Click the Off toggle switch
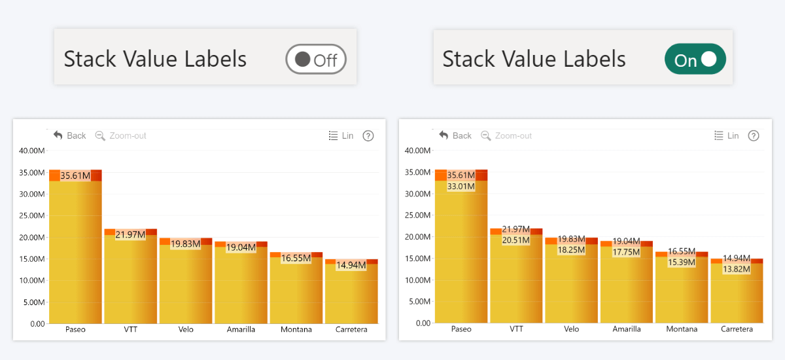tap(315, 60)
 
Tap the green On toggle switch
tap(695, 60)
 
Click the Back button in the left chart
tap(69, 135)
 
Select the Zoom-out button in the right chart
tap(506, 135)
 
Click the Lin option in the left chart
tap(341, 135)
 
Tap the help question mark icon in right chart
tap(754, 135)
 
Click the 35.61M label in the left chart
tap(75, 175)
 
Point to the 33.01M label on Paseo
tap(461, 186)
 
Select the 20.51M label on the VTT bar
tap(516, 240)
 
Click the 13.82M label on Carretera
tap(736, 269)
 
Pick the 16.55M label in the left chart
tap(296, 259)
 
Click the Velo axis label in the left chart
tap(186, 329)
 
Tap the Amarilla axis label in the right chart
tap(627, 329)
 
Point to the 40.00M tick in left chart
tap(32, 151)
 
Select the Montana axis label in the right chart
tap(681, 329)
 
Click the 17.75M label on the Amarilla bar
tap(626, 252)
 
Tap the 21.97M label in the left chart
tap(130, 234)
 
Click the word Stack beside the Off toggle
tap(90, 59)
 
